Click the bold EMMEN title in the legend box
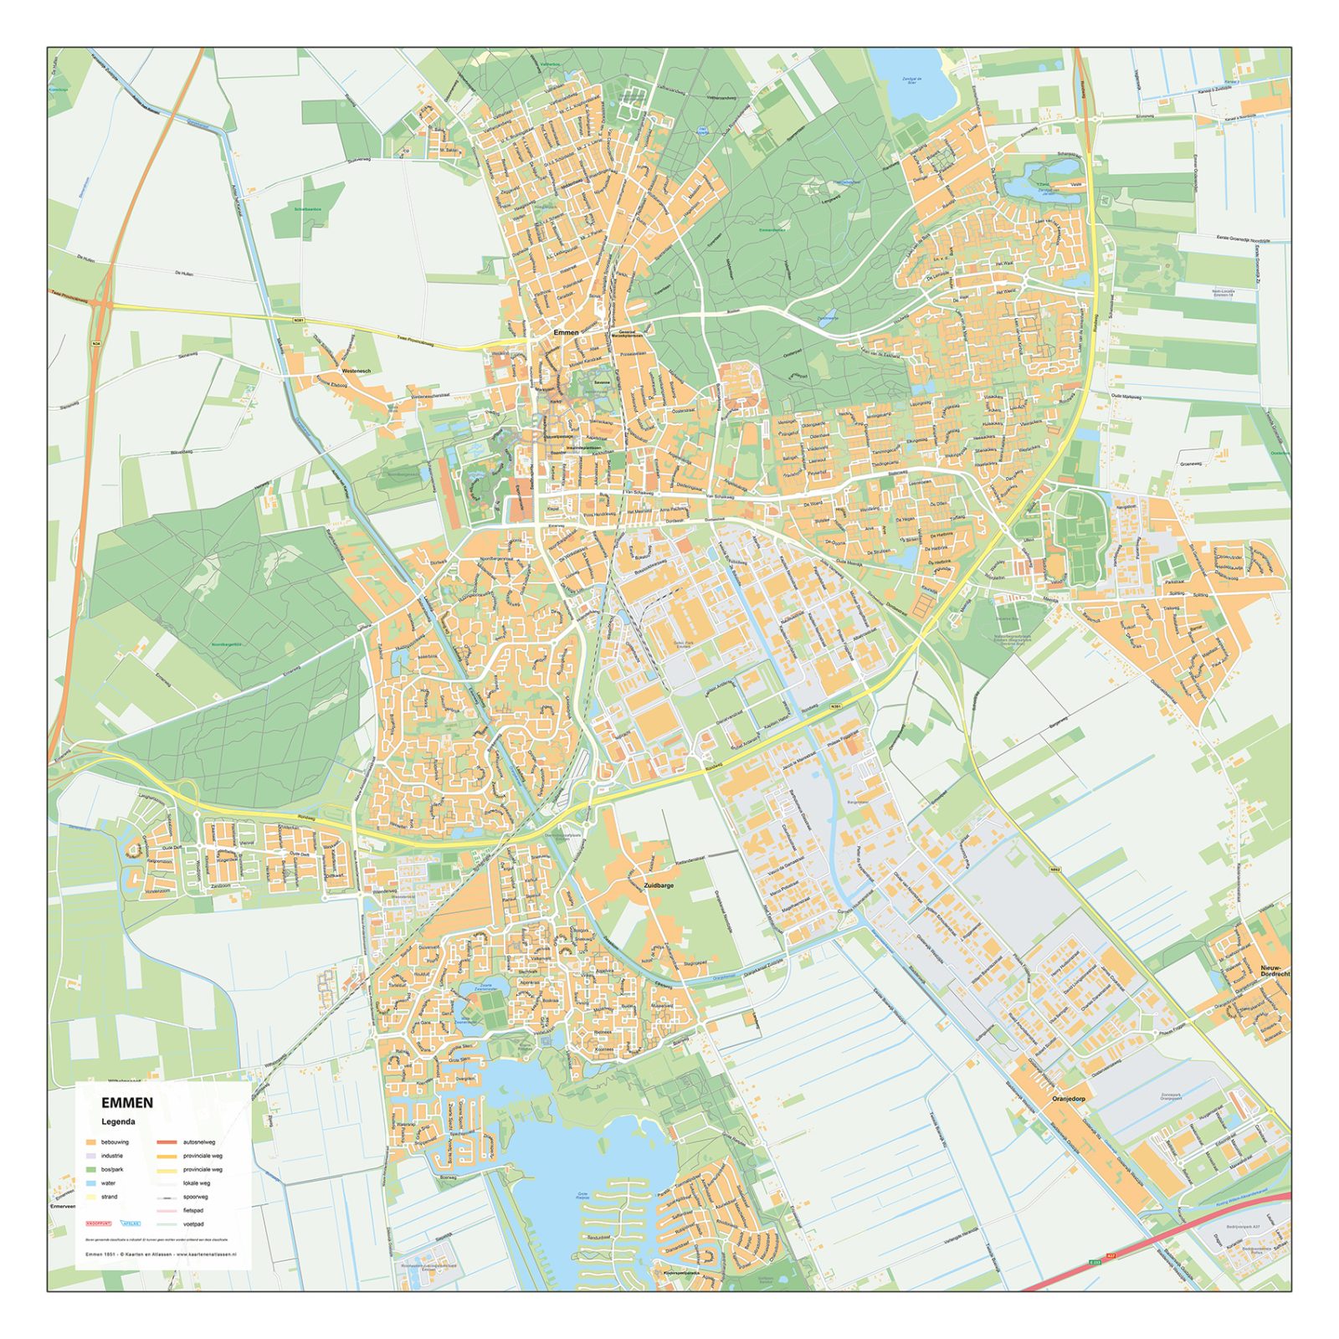[x=127, y=1103]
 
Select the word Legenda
[x=118, y=1122]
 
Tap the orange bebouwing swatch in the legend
[x=90, y=1142]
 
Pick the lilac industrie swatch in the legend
[x=90, y=1156]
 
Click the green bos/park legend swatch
[x=90, y=1169]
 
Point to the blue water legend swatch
[x=90, y=1183]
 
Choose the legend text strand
[x=110, y=1197]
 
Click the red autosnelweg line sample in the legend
[x=166, y=1142]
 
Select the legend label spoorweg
[x=197, y=1197]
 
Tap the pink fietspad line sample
[x=166, y=1210]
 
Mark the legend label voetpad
[x=194, y=1224]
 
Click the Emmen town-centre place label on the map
[x=566, y=332]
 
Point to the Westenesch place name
[x=356, y=371]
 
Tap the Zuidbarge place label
[x=659, y=885]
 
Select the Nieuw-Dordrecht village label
[x=1275, y=971]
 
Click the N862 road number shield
[x=1055, y=870]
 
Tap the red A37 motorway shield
[x=1111, y=1257]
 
